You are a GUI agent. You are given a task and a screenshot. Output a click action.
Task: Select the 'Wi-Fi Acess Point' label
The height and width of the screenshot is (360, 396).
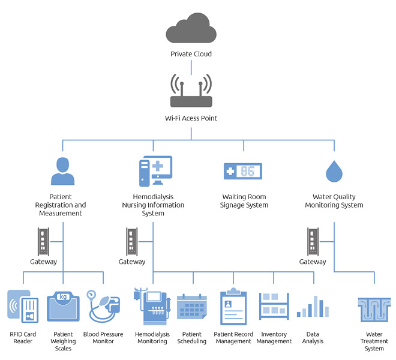point(191,118)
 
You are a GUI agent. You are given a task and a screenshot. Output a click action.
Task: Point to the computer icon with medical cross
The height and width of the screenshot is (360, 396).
point(154,171)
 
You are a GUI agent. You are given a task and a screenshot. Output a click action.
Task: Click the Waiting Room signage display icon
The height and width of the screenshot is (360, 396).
point(244,171)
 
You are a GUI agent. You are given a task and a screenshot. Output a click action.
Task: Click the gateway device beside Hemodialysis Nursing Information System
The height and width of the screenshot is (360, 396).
point(131,241)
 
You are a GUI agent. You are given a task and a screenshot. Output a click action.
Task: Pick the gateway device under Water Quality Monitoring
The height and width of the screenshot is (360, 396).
point(313,241)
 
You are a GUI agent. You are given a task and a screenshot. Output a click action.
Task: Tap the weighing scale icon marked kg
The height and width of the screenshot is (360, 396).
point(63,307)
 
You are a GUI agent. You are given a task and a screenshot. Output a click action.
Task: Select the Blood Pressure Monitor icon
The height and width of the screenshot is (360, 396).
point(103,307)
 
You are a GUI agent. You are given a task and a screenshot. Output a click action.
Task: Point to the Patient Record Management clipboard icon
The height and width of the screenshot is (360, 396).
point(233,307)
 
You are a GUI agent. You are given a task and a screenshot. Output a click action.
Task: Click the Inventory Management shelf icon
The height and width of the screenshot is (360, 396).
point(274,307)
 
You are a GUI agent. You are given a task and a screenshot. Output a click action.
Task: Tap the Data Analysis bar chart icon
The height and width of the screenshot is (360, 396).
point(313,307)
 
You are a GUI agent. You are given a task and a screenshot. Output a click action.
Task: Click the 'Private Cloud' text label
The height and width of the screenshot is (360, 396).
point(191,54)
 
